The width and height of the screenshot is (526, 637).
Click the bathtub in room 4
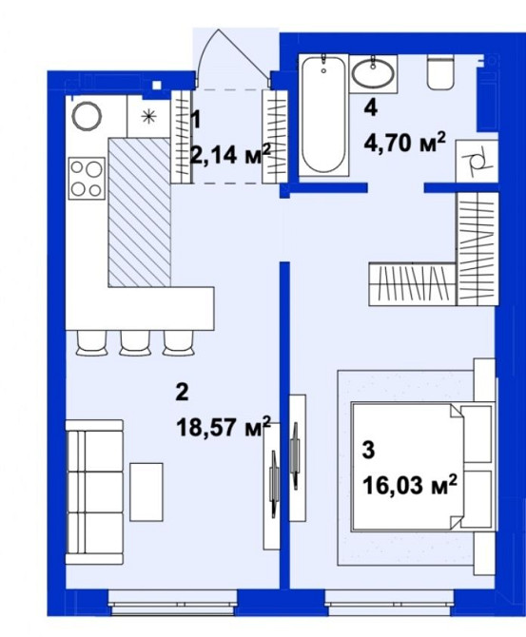pos(323,115)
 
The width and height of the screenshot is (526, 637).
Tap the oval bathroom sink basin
pos(373,73)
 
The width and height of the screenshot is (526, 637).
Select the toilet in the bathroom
pos(440,72)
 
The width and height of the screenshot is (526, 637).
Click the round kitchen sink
pos(87,116)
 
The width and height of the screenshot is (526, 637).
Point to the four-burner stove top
pos(87,179)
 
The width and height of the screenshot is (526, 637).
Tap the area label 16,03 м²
pos(410,485)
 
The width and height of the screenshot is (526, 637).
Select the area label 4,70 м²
pos(405,143)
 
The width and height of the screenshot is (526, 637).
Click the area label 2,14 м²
pos(230,154)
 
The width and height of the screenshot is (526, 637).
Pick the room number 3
pos(368,451)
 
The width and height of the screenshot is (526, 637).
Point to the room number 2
pos(182,392)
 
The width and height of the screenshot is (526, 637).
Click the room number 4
pos(371,108)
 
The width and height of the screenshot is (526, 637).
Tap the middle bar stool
pos(134,343)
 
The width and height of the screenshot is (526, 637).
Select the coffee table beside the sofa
pos(146,492)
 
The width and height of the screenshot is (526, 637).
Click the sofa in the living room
pos(94,492)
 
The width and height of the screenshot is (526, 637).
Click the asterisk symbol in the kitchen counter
pos(148,117)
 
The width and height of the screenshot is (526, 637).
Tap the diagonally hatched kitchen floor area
pos(139,212)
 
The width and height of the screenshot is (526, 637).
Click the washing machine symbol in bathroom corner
pos(477,162)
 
